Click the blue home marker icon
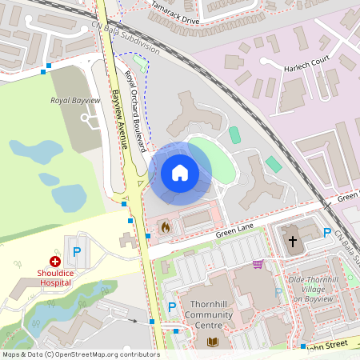coord(180,172)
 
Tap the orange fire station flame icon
coord(166,227)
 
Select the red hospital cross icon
coord(55,261)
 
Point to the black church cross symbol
coord(292,240)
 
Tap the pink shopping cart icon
coord(258,264)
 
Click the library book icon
coord(213,342)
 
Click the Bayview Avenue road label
coord(120,120)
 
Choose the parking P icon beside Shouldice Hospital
coord(77,251)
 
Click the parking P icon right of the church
coord(326,233)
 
